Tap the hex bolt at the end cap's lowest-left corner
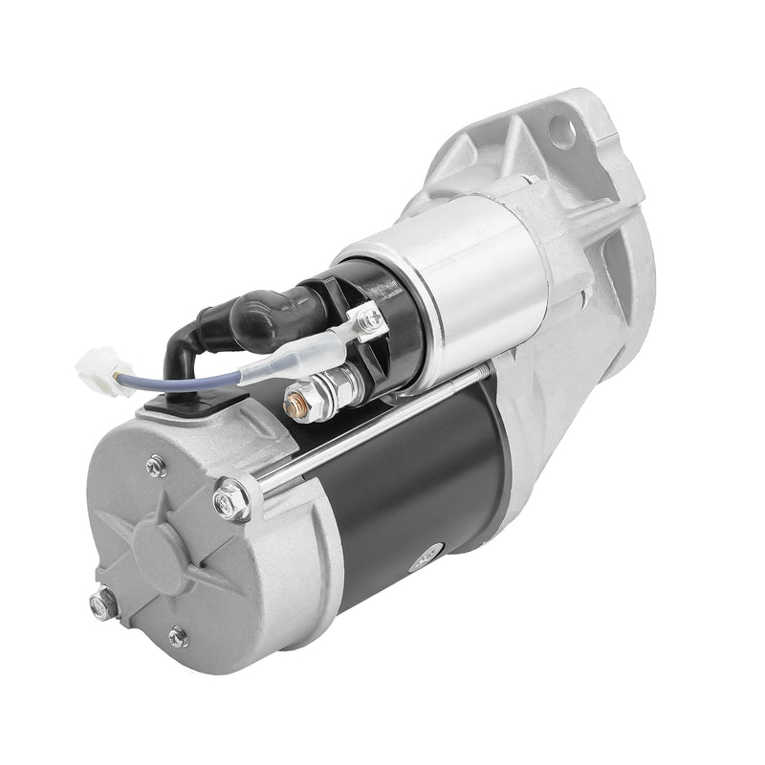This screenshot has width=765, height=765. (102, 603)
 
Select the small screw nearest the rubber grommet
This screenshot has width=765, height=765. (155, 466)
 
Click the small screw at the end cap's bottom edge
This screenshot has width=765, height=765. (178, 636)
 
